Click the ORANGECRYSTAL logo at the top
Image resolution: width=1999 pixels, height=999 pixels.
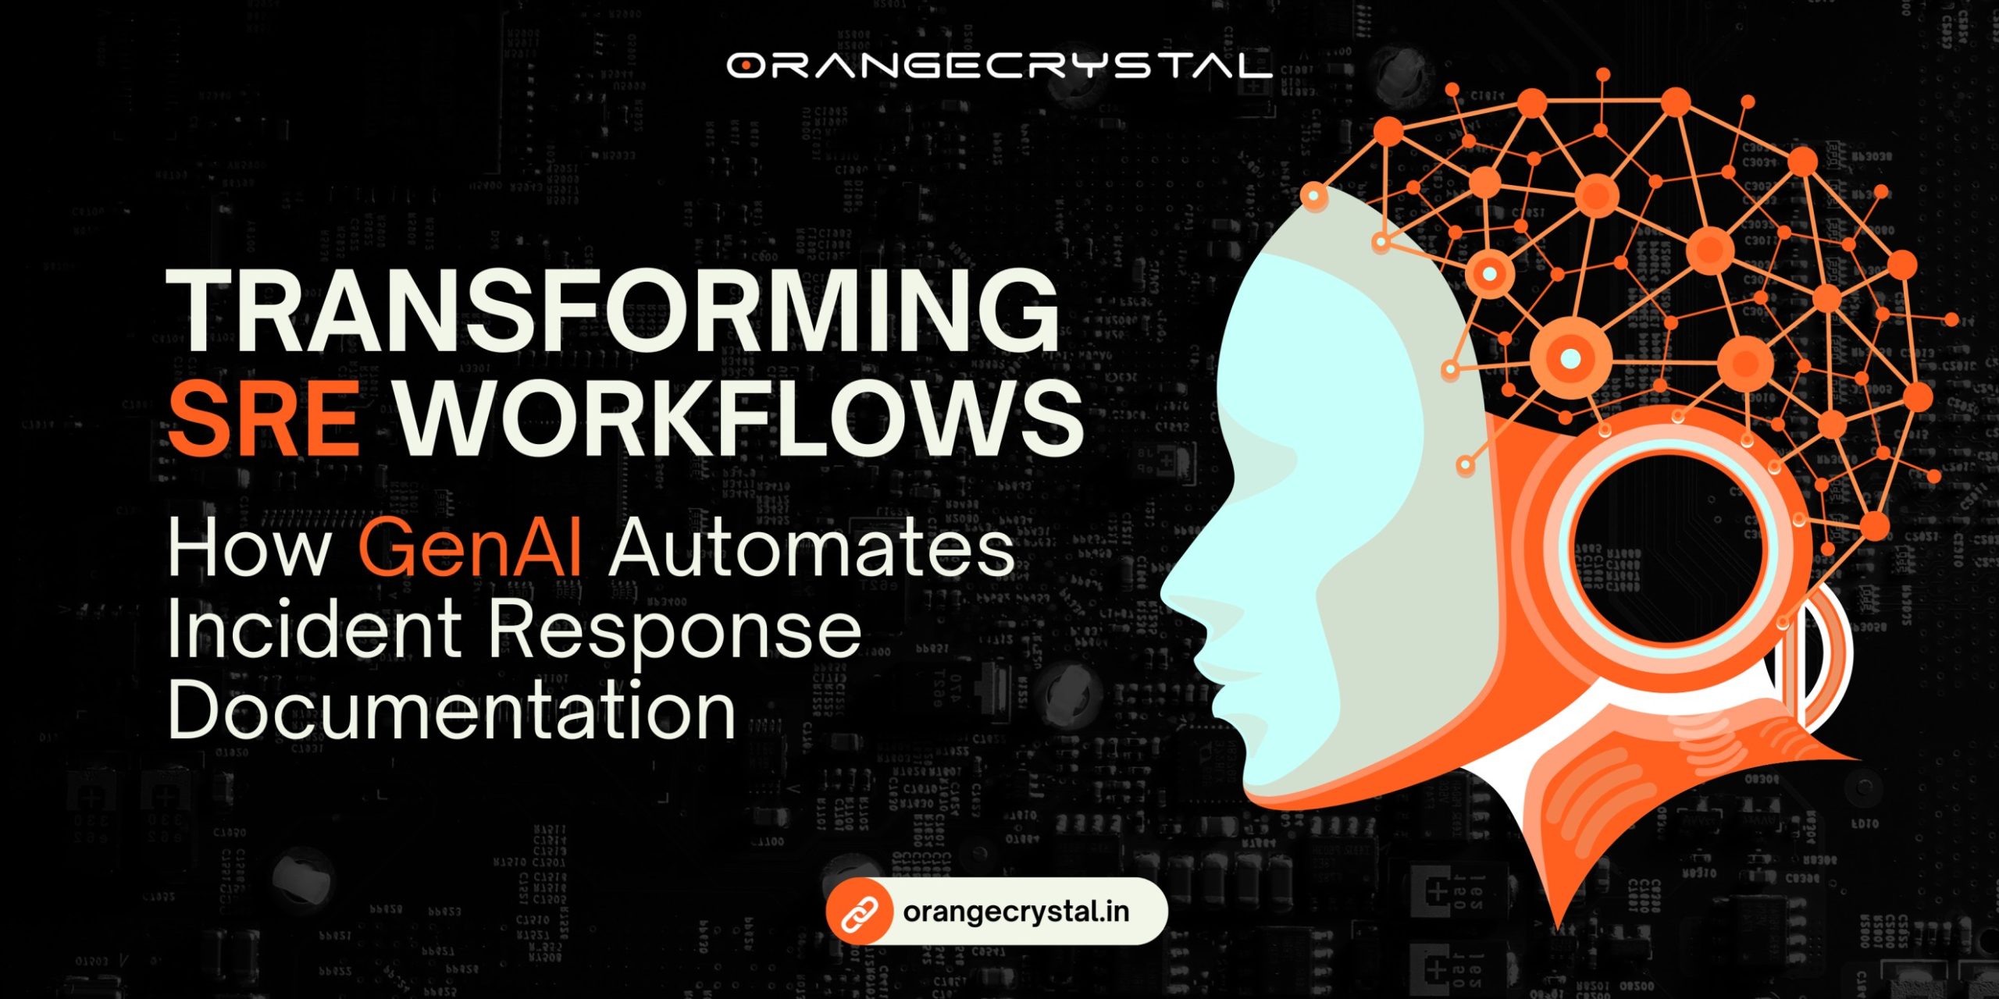pyautogui.click(x=999, y=66)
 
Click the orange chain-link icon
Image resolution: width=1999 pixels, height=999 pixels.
pyautogui.click(x=859, y=912)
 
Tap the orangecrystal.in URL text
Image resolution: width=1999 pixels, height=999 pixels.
pyautogui.click(x=1016, y=912)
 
